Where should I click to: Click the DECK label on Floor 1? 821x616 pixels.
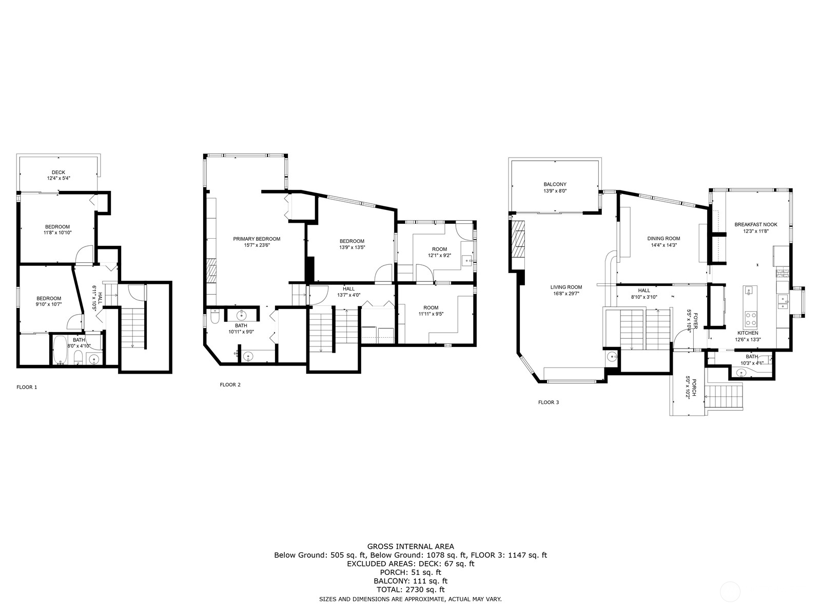58,172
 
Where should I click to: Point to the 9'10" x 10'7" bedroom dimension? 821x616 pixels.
49,304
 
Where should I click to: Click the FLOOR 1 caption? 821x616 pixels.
27,387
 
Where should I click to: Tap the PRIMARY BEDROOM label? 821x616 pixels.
257,239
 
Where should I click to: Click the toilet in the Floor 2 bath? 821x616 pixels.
214,318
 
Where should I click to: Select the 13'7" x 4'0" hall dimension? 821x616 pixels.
348,295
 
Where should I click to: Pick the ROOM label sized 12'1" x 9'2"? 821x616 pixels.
439,249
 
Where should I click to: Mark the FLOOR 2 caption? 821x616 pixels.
230,384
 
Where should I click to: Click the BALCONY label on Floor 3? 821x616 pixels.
555,184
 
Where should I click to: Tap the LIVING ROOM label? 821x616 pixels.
566,287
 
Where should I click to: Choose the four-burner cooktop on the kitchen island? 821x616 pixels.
750,319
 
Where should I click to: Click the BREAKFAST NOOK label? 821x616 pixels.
756,224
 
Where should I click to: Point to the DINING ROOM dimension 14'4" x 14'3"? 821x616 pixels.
664,245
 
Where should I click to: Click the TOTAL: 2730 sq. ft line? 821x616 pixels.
411,590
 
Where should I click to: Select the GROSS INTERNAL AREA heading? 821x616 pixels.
411,546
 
